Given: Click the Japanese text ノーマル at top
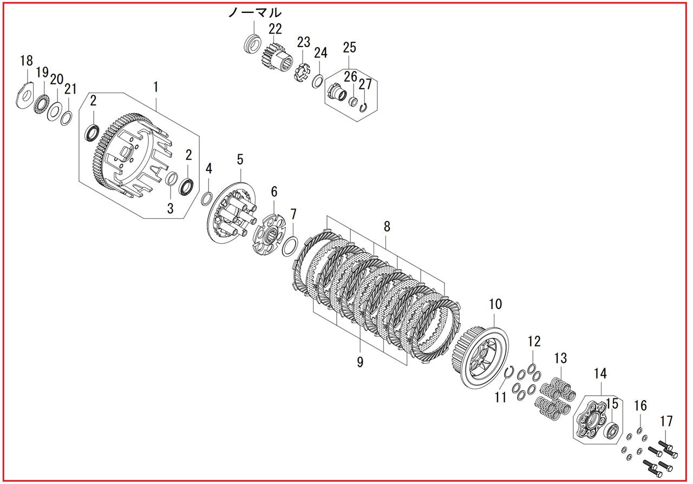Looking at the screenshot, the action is tap(255, 12).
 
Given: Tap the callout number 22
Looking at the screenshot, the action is tap(275, 29).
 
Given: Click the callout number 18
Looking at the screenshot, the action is tap(27, 61).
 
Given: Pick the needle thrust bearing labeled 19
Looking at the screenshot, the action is tap(41, 104).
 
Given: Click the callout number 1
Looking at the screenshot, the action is tap(156, 87).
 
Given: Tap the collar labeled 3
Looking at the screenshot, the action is tap(173, 180).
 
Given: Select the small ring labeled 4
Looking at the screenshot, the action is tap(207, 198).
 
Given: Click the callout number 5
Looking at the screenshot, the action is tap(240, 160).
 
